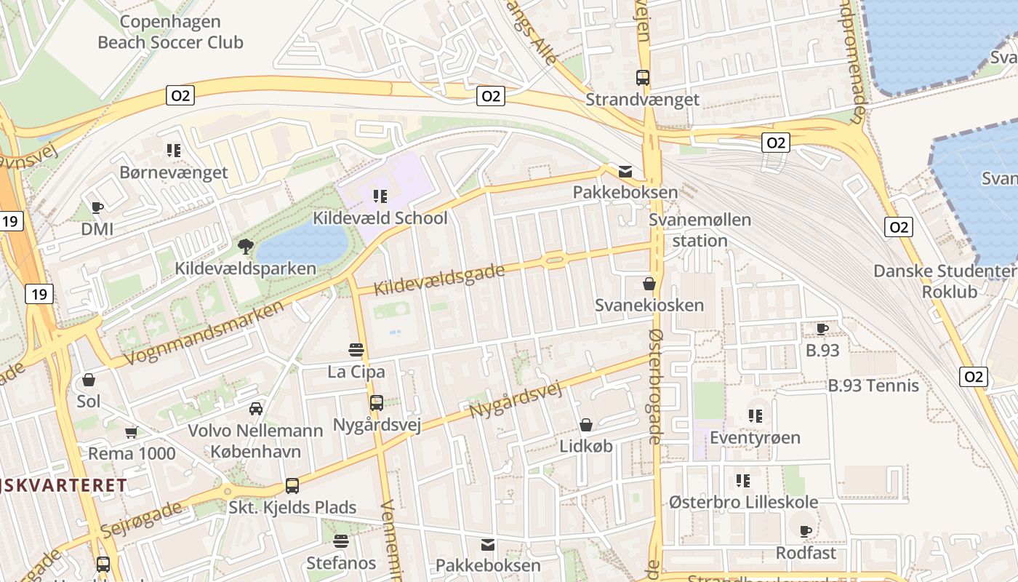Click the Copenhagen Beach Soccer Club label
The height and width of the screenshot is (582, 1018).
(170, 32)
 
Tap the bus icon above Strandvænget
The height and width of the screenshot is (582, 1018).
(643, 77)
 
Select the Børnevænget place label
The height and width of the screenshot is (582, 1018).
(174, 172)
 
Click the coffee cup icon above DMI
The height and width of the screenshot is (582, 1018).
(97, 207)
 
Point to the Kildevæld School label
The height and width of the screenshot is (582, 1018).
(380, 218)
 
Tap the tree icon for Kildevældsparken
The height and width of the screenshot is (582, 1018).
(246, 246)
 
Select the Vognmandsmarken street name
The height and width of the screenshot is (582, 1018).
(204, 333)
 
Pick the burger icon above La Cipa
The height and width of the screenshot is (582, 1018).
(356, 349)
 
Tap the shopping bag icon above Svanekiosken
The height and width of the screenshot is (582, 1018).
(649, 283)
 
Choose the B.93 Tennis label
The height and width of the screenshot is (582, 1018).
(873, 386)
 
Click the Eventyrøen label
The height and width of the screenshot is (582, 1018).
(755, 437)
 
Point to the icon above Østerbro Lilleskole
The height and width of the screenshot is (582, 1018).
(742, 480)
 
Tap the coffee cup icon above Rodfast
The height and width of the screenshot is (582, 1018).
(806, 531)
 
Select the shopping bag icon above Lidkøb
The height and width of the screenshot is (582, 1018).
(586, 424)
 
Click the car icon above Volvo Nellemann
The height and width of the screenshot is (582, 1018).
(256, 408)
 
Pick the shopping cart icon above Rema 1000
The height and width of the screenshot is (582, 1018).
(132, 432)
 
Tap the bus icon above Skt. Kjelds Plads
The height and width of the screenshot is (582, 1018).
(292, 485)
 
